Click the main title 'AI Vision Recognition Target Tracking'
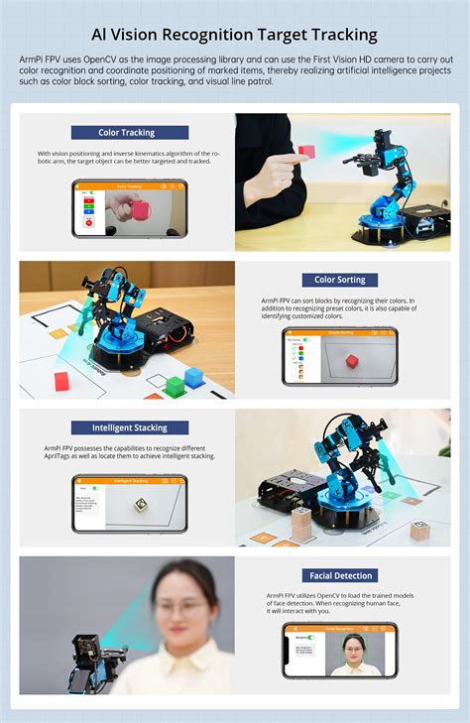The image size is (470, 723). [235, 35]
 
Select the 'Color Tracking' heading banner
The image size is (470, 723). [129, 133]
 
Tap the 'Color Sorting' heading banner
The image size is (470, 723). [339, 280]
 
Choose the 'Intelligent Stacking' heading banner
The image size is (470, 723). [129, 427]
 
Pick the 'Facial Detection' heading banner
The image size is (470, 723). [339, 575]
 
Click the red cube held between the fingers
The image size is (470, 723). [306, 152]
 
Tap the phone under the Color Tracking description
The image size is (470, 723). [129, 208]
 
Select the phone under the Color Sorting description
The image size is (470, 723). [339, 356]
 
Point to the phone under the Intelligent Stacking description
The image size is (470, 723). [129, 504]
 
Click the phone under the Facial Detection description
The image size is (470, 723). [339, 651]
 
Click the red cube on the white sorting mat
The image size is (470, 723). [62, 380]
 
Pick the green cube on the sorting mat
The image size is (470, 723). [175, 385]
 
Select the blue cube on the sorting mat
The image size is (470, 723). [193, 377]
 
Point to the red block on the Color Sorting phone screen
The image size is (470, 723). [352, 362]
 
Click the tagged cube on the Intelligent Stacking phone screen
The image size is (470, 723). [141, 505]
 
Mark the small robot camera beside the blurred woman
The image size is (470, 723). [86, 651]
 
